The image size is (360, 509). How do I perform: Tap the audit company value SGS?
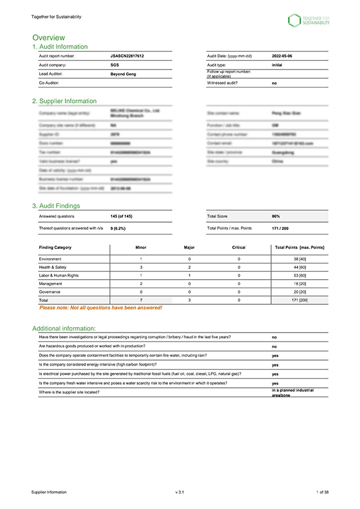click(x=115, y=64)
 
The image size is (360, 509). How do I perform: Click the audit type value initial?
click(x=277, y=64)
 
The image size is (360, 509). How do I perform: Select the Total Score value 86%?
click(x=276, y=216)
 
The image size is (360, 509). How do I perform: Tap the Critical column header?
click(x=239, y=247)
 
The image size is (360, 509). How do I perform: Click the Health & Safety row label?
click(x=53, y=267)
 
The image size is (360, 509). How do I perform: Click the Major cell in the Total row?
click(x=190, y=298)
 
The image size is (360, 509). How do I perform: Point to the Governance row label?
click(x=51, y=291)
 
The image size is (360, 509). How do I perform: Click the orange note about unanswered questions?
click(x=100, y=307)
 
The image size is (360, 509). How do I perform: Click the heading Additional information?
click(x=64, y=328)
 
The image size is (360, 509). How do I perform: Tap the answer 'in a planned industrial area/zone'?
click(x=292, y=392)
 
